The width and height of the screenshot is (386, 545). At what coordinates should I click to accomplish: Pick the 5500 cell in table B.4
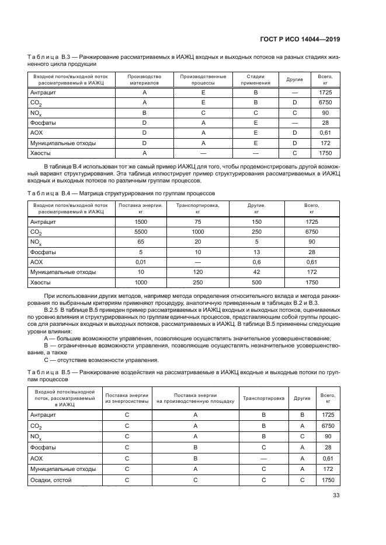coord(141,232)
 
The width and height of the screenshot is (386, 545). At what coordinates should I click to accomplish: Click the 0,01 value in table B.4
coord(141,262)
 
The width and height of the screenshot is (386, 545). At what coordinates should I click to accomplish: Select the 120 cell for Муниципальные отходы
coord(198,272)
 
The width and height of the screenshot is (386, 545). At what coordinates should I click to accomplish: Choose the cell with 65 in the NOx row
coord(141,242)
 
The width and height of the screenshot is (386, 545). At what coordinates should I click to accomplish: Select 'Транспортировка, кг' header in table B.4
coord(198,209)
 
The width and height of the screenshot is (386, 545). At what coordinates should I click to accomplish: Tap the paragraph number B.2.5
coord(51,311)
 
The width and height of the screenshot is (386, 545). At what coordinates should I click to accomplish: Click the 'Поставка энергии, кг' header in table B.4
coord(141,209)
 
